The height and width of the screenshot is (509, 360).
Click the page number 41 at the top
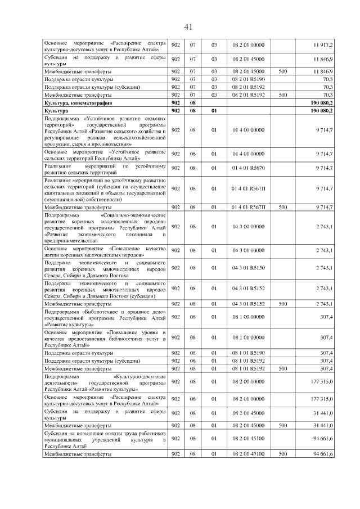(188, 27)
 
